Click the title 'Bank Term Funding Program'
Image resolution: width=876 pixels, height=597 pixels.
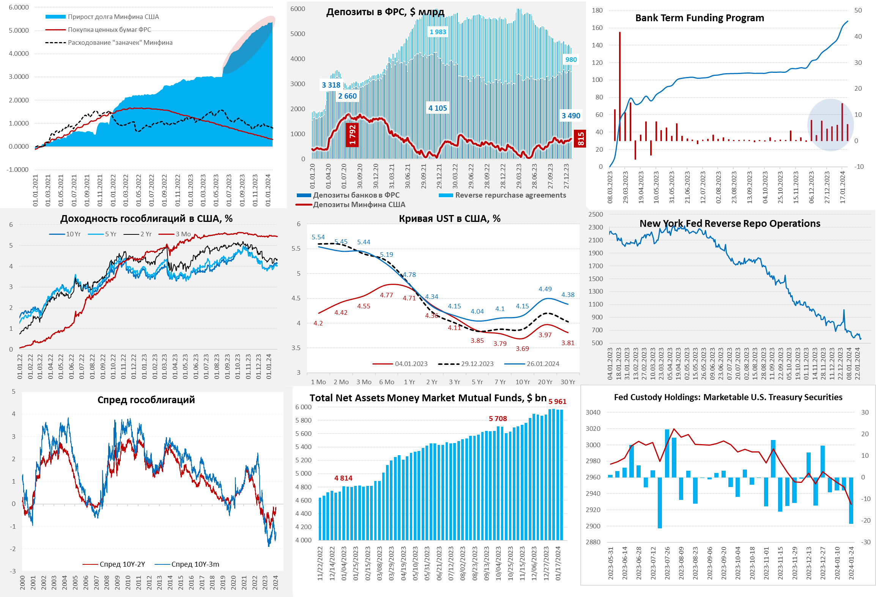(700, 18)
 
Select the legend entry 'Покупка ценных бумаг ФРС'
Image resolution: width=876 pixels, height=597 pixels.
(109, 30)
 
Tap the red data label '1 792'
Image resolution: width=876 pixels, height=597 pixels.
(352, 135)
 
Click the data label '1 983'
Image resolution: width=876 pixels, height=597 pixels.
(438, 32)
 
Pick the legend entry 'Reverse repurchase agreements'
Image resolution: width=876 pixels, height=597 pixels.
(510, 195)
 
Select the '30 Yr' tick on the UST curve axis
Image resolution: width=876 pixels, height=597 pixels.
(568, 382)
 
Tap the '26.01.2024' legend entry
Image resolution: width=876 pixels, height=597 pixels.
(543, 364)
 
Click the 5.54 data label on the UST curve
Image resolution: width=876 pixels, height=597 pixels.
(318, 237)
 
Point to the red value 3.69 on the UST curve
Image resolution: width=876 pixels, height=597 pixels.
(522, 349)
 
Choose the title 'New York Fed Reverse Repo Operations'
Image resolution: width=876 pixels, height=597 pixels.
(729, 224)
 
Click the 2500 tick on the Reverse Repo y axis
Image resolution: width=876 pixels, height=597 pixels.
(596, 214)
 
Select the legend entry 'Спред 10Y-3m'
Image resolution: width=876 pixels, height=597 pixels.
(195, 564)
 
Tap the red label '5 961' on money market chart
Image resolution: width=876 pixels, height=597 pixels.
(557, 401)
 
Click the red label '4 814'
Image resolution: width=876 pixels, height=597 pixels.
(343, 478)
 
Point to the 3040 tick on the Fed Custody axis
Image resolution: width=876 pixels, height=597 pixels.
(593, 412)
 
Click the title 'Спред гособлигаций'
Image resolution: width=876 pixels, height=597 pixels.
(146, 400)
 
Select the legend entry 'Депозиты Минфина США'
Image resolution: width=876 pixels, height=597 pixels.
(359, 205)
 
